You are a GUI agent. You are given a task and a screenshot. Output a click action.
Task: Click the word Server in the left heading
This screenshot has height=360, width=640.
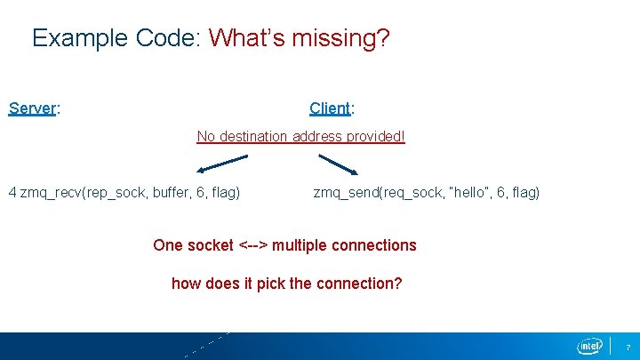click(x=32, y=108)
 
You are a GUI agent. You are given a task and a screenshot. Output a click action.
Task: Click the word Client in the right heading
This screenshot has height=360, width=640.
click(x=330, y=108)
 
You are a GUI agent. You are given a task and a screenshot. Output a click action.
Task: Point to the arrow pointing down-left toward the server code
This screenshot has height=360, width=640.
click(x=222, y=164)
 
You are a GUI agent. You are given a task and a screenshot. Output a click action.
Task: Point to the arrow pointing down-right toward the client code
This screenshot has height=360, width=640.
click(x=338, y=164)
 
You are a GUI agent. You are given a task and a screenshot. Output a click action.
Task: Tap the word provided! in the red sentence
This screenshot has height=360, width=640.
click(x=377, y=137)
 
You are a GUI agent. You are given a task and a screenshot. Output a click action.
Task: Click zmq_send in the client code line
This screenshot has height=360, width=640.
click(x=345, y=192)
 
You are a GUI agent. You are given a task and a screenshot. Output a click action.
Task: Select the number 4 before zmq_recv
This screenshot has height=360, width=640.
click(x=12, y=192)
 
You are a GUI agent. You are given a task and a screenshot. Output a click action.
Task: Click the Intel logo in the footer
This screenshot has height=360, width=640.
click(x=588, y=345)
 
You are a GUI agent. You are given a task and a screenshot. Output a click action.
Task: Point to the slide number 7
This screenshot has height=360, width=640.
click(x=628, y=346)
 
